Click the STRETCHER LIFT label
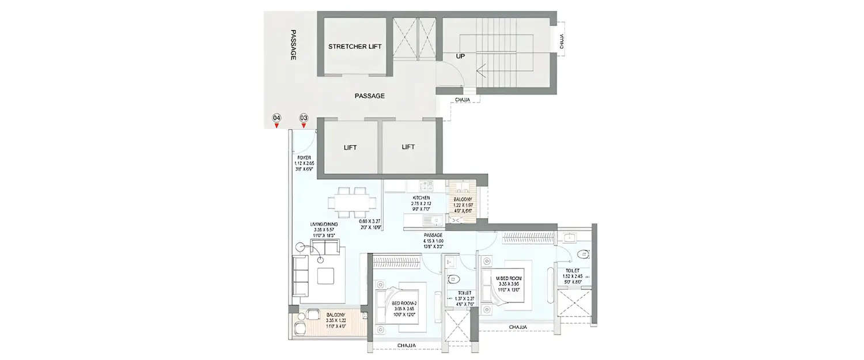click(x=355, y=47)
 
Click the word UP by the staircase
click(x=461, y=56)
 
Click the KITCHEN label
click(x=420, y=198)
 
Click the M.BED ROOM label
click(x=510, y=278)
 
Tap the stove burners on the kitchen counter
click(x=427, y=185)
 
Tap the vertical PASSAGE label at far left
click(x=293, y=45)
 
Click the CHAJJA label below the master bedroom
click(x=517, y=328)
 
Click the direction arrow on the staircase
click(x=482, y=73)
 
